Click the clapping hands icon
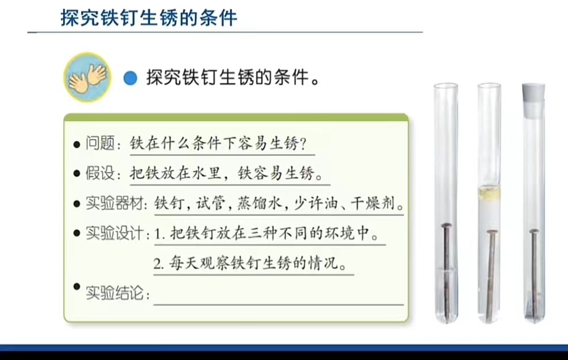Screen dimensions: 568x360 click(87, 77)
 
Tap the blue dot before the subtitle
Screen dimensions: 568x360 click(131, 78)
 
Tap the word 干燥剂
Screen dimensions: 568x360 click(373, 203)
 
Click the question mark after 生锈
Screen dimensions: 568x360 click(303, 144)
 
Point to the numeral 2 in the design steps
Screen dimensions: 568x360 click(157, 263)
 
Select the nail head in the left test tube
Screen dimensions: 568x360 click(446, 225)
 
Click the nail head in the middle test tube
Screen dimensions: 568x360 click(491, 232)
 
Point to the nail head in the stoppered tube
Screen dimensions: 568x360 click(534, 231)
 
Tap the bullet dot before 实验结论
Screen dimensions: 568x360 click(76, 287)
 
